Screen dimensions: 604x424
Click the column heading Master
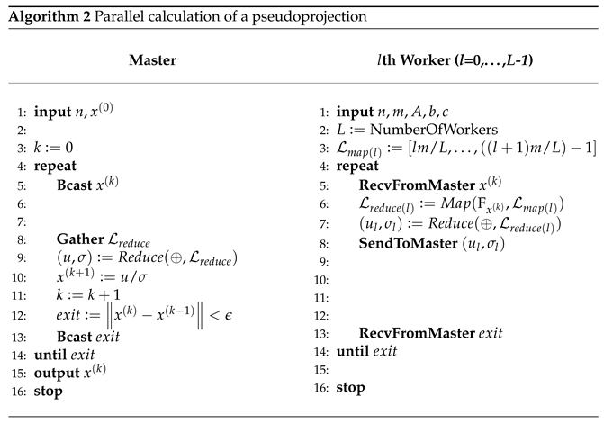pyautogui.click(x=152, y=60)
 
